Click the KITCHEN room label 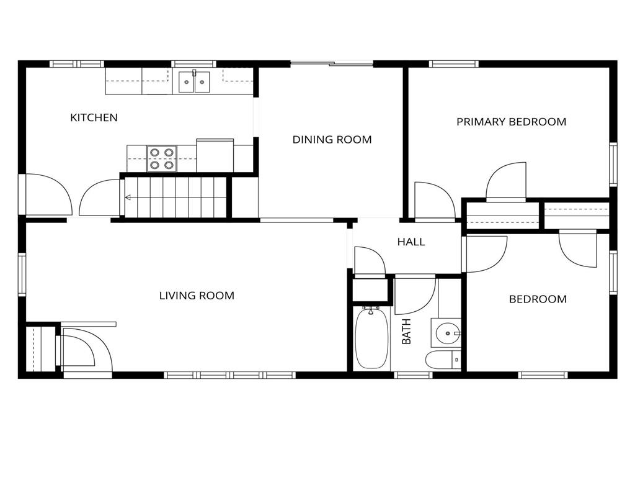pos(94,117)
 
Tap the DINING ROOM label pos(332,140)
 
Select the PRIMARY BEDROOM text pos(512,122)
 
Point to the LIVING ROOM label pos(197,296)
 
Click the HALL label pos(411,242)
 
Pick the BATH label pos(406,332)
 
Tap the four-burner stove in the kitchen pos(162,158)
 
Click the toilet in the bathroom pos(443,360)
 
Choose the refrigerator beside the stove pos(215,155)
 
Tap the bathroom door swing pos(415,295)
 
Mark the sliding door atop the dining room pos(332,64)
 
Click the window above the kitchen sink pos(193,64)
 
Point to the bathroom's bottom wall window pos(413,375)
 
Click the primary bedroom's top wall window pos(454,64)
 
